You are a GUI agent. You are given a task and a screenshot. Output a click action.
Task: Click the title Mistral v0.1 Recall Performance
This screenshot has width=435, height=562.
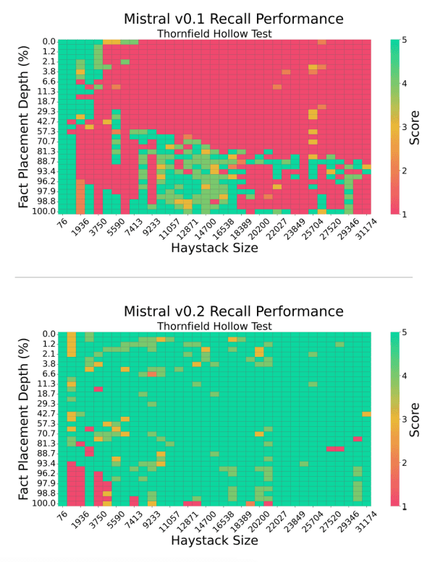pos(223,19)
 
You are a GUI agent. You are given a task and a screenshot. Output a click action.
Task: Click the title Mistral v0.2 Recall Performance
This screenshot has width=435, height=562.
pos(223,311)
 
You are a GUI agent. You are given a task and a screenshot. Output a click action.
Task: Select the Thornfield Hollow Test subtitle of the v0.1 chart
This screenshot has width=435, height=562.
pos(214,33)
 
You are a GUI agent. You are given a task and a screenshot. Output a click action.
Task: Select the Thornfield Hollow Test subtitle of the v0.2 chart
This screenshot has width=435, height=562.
pos(214,326)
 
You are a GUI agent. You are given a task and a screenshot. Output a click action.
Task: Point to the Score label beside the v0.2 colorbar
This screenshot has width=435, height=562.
pos(415,420)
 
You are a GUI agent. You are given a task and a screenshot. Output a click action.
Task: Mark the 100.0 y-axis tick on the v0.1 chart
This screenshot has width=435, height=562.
pos(45,211)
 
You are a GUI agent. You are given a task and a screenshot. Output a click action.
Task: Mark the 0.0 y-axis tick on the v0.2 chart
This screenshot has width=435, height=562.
pos(48,334)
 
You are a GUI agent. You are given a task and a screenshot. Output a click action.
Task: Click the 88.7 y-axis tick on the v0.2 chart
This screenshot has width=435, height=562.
pos(47,453)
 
